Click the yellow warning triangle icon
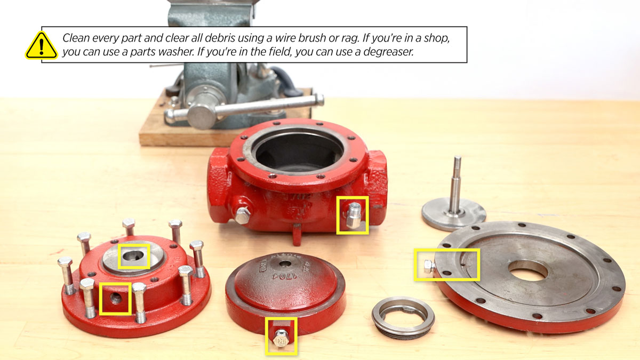[x=41, y=45]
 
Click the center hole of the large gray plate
[x=527, y=269]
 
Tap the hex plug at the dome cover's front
[x=281, y=337]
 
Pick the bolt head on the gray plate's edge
[x=427, y=266]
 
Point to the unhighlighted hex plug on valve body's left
[x=243, y=215]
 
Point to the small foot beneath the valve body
[x=297, y=235]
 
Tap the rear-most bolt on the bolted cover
[x=129, y=227]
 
